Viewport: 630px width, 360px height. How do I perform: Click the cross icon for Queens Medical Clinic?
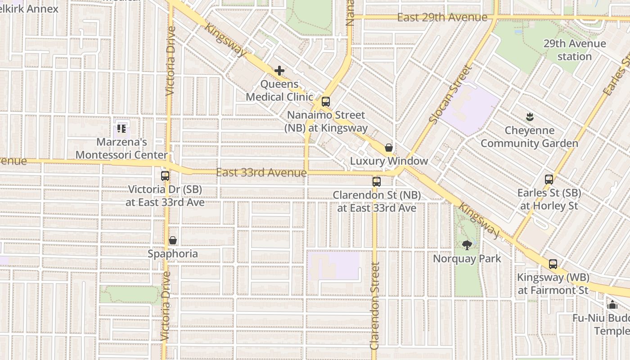tap(279, 71)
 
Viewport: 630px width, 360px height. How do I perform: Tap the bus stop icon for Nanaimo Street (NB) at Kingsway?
tap(326, 102)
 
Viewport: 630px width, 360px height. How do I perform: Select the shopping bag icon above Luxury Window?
tap(389, 148)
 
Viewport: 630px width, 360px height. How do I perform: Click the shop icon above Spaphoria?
tap(173, 241)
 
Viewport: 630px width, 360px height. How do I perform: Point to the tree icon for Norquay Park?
tap(467, 245)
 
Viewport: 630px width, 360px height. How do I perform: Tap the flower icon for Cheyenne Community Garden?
tap(530, 117)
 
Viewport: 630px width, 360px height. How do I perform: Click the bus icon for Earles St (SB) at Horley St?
tap(549, 180)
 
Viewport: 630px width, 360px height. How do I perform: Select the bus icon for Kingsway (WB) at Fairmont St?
tap(553, 264)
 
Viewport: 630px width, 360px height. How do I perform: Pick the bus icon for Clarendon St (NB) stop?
tap(377, 182)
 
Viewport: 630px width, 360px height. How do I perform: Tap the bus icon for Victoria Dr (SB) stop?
tap(165, 176)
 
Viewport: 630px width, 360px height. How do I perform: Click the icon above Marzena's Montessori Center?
tap(121, 129)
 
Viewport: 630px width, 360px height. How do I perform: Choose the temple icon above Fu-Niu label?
tap(612, 305)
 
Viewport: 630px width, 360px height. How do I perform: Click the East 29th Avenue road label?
tap(442, 18)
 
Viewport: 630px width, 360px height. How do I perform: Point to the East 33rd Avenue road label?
tap(261, 173)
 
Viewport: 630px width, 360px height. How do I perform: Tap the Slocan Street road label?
tap(449, 94)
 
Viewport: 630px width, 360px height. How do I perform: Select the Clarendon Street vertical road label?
tap(375, 306)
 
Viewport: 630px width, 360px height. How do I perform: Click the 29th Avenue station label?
tap(574, 50)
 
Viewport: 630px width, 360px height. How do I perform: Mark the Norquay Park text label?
tap(467, 259)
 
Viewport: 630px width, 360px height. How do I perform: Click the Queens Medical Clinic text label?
tap(279, 90)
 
